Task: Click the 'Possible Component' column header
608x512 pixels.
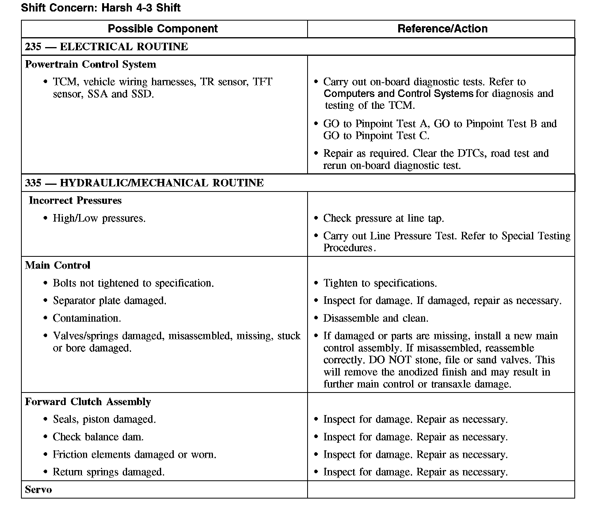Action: [x=163, y=29]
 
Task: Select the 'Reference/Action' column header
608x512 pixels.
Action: [x=442, y=29]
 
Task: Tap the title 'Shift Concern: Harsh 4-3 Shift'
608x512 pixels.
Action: [x=101, y=8]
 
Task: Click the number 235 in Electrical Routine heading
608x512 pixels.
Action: [x=33, y=47]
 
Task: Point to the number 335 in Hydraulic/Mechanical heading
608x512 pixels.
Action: [x=33, y=183]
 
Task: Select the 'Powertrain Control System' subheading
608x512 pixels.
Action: [x=91, y=64]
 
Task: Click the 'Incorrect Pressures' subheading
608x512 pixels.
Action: [x=75, y=201]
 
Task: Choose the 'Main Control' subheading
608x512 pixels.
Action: [x=58, y=265]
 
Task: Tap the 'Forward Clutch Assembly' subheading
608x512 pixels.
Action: [x=88, y=402]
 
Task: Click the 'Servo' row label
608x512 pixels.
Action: [x=38, y=490]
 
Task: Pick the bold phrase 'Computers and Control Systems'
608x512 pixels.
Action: [x=398, y=94]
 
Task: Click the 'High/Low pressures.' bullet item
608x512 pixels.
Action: [x=99, y=218]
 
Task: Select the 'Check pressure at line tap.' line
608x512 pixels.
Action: [x=383, y=218]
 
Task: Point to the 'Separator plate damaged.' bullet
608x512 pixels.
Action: [x=109, y=301]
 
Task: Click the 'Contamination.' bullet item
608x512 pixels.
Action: [x=87, y=319]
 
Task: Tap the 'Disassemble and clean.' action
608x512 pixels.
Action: [x=375, y=319]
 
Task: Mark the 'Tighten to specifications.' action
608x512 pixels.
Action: [x=380, y=283]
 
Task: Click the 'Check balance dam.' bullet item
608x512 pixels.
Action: [x=98, y=437]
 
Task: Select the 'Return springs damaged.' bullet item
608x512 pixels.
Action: [x=108, y=472]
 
